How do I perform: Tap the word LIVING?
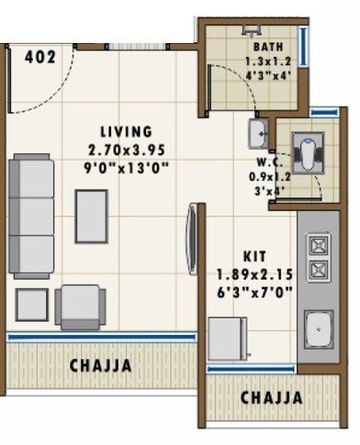(127, 131)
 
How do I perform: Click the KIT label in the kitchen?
(254, 256)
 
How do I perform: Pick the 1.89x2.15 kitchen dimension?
(254, 273)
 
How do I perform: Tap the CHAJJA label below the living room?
(100, 365)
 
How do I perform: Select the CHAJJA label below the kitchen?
(271, 397)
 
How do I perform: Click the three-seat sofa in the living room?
(33, 216)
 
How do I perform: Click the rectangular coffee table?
(91, 216)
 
